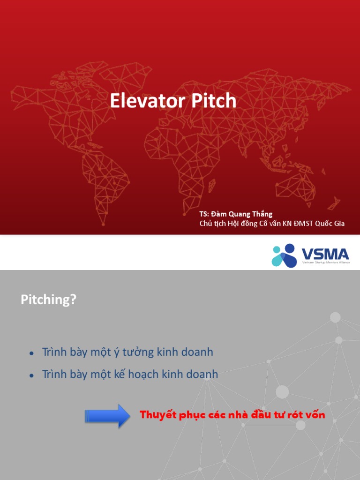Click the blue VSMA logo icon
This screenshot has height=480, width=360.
[x=284, y=255]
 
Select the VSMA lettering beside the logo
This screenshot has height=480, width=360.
[x=325, y=254]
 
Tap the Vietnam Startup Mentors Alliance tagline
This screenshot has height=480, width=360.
[x=325, y=264]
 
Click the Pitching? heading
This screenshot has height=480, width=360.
[x=48, y=300]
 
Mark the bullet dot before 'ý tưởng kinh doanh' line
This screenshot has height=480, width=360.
[x=31, y=353]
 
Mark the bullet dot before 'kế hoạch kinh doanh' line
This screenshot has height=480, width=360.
[x=31, y=375]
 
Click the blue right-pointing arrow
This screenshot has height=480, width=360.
[x=107, y=416]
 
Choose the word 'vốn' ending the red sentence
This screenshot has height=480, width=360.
[x=315, y=415]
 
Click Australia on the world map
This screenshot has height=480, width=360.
[x=295, y=185]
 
